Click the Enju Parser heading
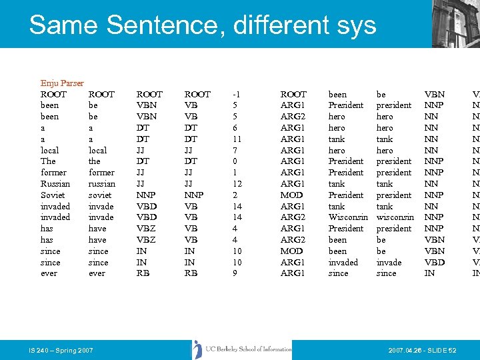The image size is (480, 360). tap(62, 83)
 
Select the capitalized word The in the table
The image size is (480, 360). tap(48, 161)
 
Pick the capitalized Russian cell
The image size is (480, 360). tap(55, 183)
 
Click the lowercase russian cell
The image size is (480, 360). tap(101, 183)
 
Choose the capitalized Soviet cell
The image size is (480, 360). tap(53, 195)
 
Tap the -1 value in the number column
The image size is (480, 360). tap(237, 95)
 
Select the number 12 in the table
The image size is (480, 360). tap(237, 183)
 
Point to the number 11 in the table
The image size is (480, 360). tap(237, 139)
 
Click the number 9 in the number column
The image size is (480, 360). tap(235, 273)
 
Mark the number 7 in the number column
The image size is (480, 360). tap(235, 150)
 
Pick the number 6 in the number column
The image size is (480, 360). tap(235, 128)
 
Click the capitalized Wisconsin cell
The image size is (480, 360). tap(348, 217)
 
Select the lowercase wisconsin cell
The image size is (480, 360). tap(395, 217)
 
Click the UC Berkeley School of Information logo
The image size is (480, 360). tap(243, 349)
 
